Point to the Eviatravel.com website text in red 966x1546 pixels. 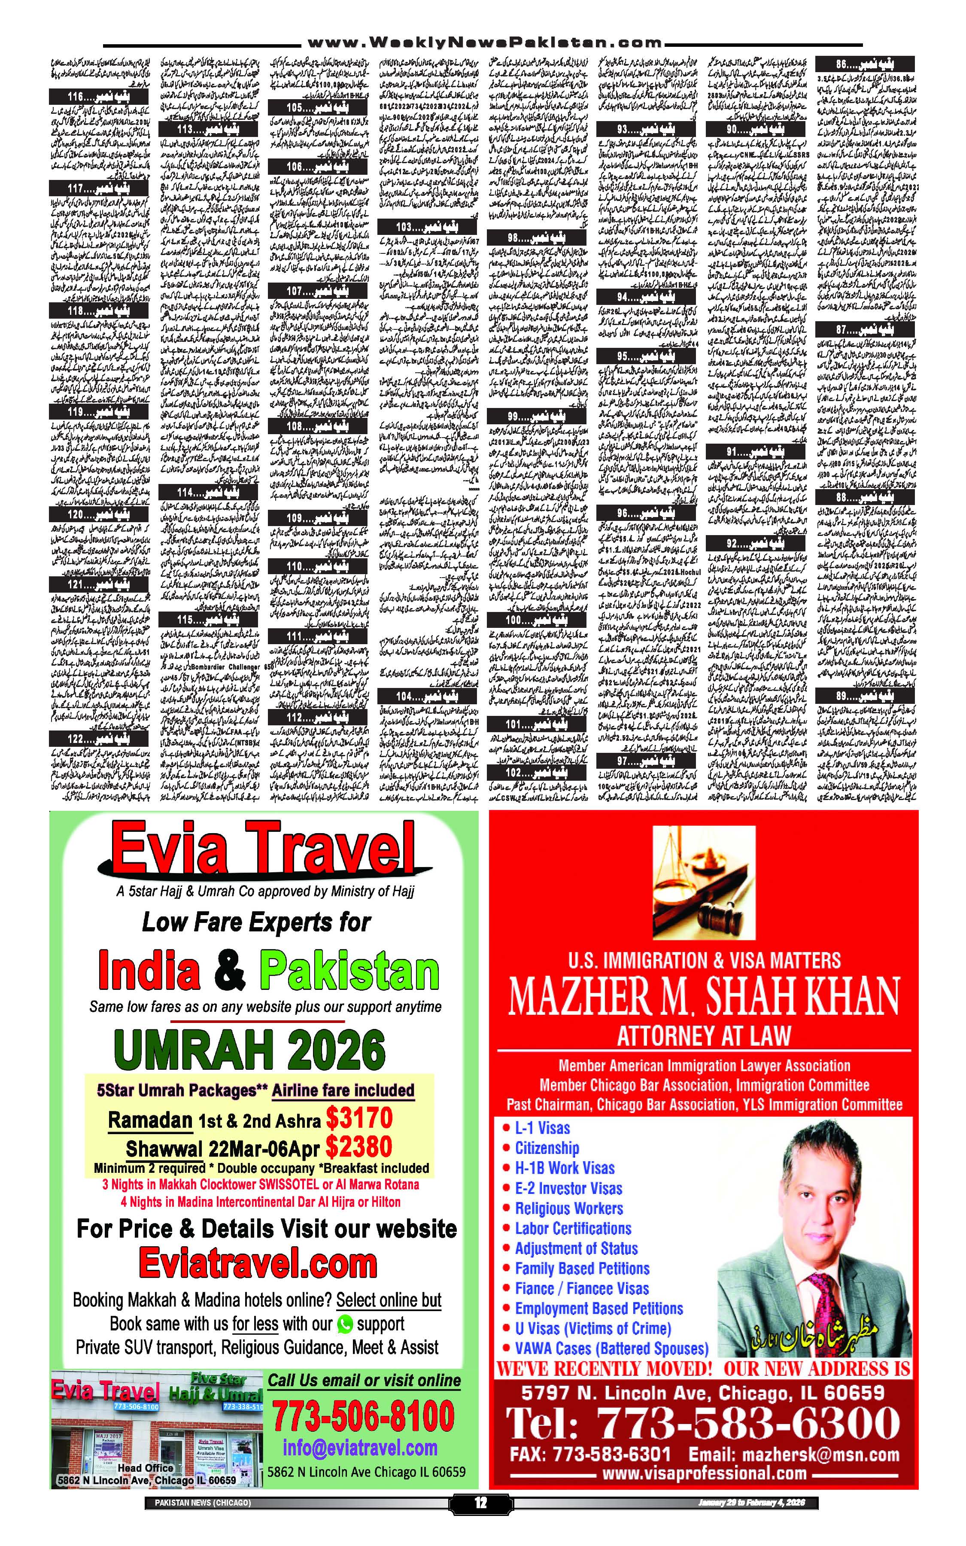pos(258,1263)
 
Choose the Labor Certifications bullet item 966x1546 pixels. pos(573,1229)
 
